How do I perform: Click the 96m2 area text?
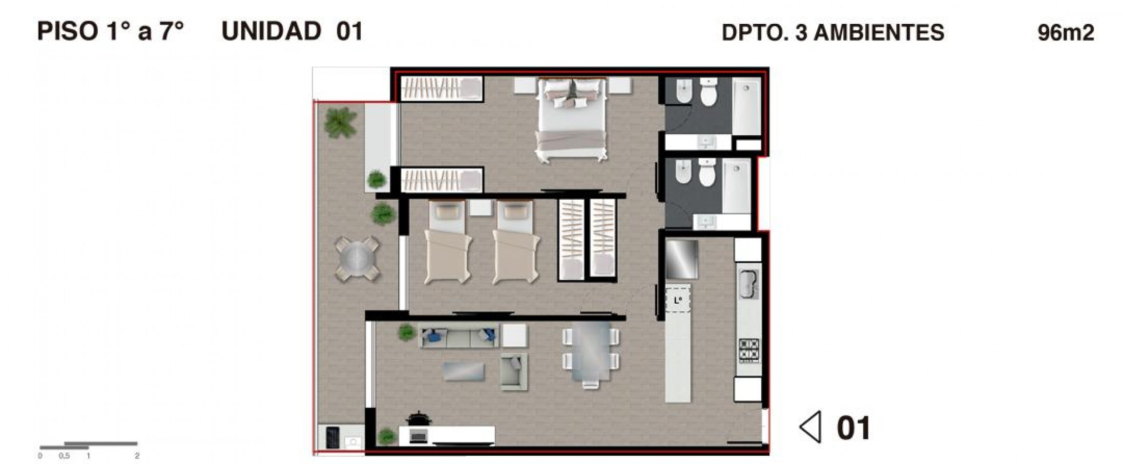tap(1065, 33)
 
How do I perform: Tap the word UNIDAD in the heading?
tap(271, 31)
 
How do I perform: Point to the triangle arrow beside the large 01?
tap(811, 427)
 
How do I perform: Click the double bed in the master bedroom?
tap(572, 120)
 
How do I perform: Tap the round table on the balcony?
tap(357, 259)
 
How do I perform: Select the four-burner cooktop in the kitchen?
tap(749, 350)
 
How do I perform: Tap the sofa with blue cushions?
tap(458, 335)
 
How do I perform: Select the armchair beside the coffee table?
tap(514, 371)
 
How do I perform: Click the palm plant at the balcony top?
tap(340, 122)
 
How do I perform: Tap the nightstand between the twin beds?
tap(480, 208)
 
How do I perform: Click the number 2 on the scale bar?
tap(137, 456)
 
